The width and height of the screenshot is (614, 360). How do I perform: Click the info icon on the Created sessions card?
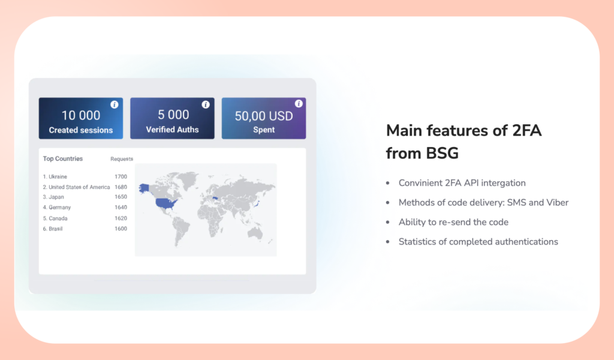(115, 104)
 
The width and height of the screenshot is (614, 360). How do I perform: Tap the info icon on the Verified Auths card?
(206, 104)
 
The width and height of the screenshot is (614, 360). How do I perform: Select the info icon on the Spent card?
(299, 104)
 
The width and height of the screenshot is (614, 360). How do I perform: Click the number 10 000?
(81, 115)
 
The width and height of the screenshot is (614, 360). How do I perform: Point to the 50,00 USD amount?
(264, 116)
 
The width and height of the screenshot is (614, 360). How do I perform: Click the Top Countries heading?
(63, 159)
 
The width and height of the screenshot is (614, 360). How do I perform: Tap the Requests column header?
(122, 159)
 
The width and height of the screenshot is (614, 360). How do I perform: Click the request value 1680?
(121, 187)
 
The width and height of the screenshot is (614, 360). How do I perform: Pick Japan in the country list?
(56, 197)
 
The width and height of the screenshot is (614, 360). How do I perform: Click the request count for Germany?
(121, 208)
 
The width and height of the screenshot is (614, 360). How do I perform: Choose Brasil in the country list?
(56, 229)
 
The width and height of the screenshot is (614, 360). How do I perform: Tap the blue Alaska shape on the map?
(145, 188)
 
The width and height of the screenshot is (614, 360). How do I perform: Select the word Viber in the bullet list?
(556, 202)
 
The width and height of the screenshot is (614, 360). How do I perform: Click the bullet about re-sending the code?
(453, 222)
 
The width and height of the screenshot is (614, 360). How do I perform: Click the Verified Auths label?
(172, 130)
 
